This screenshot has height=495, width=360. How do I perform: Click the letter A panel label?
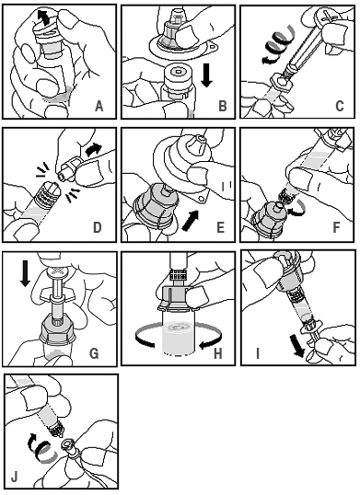[x=99, y=106]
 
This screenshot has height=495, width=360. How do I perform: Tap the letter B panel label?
[x=223, y=106]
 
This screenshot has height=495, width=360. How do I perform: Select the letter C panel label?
[x=340, y=106]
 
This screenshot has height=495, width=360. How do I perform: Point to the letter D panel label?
[x=98, y=227]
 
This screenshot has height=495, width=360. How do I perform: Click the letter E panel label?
[x=220, y=227]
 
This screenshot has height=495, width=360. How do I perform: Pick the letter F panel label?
[x=337, y=227]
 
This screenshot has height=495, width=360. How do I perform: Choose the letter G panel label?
[x=95, y=353]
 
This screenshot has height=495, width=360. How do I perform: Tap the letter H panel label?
[x=218, y=353]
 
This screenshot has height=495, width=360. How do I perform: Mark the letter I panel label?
[x=258, y=353]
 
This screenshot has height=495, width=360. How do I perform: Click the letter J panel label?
[x=15, y=477]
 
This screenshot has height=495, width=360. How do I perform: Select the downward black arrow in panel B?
[x=207, y=75]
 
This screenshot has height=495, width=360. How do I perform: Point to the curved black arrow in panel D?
[x=94, y=150]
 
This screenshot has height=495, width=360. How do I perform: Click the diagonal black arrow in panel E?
[x=192, y=220]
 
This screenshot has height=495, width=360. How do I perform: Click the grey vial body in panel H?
[x=178, y=336]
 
